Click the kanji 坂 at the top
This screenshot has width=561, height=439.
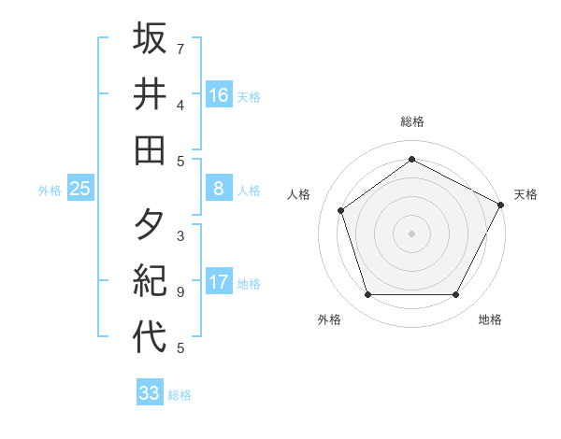(x=150, y=39)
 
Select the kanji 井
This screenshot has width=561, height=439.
(x=150, y=94)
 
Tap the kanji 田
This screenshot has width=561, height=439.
(x=150, y=149)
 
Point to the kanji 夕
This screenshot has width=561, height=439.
(x=150, y=226)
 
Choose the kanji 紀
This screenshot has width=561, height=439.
(x=150, y=282)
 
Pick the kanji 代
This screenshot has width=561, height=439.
(x=150, y=337)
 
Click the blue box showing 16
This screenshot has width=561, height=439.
(x=219, y=94)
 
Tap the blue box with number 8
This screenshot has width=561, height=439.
(x=219, y=189)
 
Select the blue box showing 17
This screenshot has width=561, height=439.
(x=219, y=282)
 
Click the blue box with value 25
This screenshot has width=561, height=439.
(x=80, y=189)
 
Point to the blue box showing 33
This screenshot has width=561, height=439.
(x=150, y=393)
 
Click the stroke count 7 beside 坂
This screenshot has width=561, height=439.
(x=180, y=49)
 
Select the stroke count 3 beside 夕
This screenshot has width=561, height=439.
(x=180, y=236)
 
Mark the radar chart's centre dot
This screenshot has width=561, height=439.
(x=411, y=233)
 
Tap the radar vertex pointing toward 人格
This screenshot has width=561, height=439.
(x=340, y=210)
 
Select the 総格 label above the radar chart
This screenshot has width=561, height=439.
(x=411, y=121)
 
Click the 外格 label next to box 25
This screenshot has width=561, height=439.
(x=50, y=191)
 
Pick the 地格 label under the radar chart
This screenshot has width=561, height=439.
(x=490, y=319)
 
